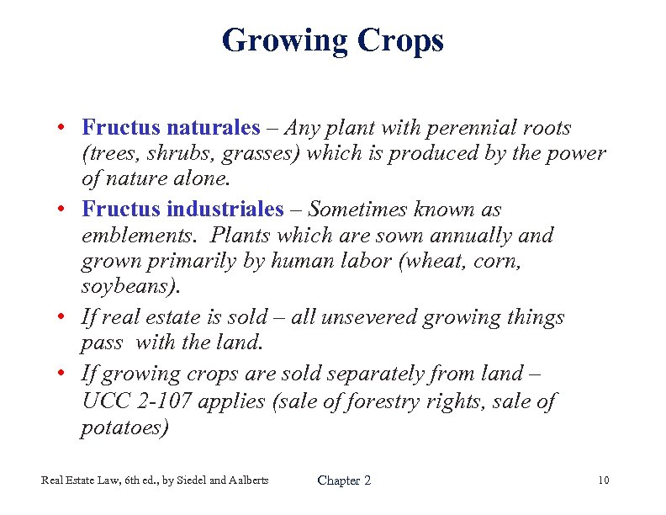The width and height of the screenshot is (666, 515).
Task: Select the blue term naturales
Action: [x=214, y=128]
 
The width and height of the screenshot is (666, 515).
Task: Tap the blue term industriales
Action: [x=223, y=209]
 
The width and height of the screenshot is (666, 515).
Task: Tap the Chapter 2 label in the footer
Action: [x=344, y=480]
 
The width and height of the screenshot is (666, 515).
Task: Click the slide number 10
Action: [x=603, y=480]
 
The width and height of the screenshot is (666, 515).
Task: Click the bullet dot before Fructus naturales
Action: [x=63, y=130]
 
